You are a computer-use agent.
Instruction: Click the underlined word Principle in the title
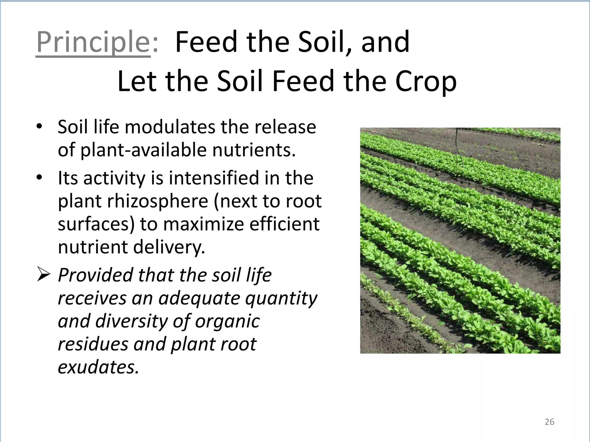pyautogui.click(x=93, y=43)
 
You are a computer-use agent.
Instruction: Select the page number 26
pyautogui.click(x=549, y=422)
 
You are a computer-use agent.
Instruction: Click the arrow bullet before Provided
pyautogui.click(x=44, y=275)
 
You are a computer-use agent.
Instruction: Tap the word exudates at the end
pyautogui.click(x=98, y=367)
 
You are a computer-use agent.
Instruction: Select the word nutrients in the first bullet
pyautogui.click(x=254, y=150)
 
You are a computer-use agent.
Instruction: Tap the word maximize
pyautogui.click(x=203, y=224)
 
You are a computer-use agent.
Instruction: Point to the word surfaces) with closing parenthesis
pyautogui.click(x=96, y=224)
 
